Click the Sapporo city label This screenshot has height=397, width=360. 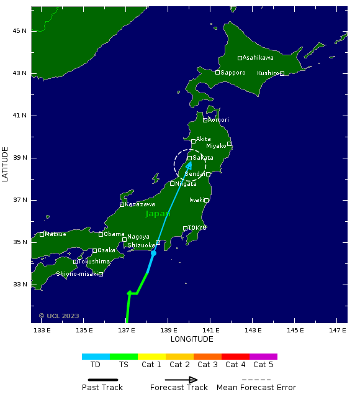[233, 73]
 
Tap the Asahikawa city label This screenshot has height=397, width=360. [258, 58]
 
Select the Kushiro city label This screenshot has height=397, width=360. [268, 73]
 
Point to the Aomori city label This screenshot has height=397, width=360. [218, 120]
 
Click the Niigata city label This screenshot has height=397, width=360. [186, 184]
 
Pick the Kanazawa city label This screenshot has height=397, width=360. [140, 204]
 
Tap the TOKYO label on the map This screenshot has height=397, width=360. [197, 228]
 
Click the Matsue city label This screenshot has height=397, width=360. [55, 234]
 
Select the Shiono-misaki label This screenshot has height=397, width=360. [77, 274]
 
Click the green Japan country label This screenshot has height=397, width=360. [158, 214]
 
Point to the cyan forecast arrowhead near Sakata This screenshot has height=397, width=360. [189, 165]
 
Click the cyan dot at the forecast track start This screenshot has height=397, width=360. [153, 253]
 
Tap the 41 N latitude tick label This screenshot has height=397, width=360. [20, 116]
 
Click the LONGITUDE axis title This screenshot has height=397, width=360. [192, 339]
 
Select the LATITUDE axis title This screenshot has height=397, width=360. [6, 165]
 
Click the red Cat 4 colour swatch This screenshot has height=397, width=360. [235, 357]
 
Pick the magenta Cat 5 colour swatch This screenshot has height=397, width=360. [263, 357]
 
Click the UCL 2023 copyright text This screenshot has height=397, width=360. [59, 316]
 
